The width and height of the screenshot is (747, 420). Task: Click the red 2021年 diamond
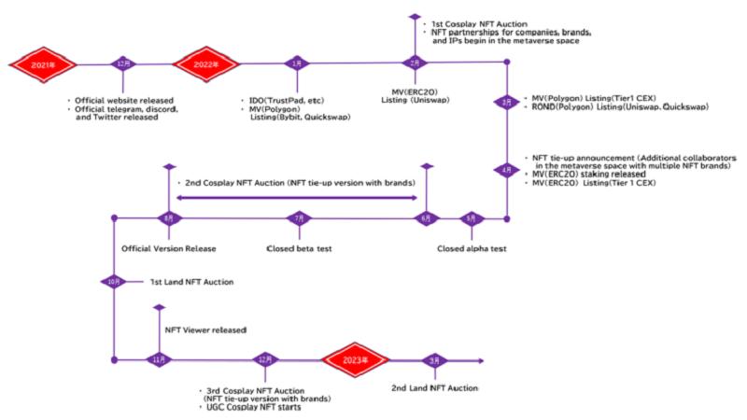tap(42, 63)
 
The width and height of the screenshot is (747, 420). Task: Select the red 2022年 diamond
tap(203, 63)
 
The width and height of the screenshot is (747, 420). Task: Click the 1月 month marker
tap(297, 63)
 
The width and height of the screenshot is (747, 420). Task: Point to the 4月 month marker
tap(506, 170)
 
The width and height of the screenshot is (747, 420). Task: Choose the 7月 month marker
tap(298, 218)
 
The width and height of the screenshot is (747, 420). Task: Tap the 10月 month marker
tap(114, 281)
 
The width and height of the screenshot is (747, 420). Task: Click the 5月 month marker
tap(472, 218)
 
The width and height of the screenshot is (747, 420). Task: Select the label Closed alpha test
tap(472, 249)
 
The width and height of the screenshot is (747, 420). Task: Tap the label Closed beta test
tap(299, 249)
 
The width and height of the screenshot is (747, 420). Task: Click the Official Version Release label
tap(168, 249)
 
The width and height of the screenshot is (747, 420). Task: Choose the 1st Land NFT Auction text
tap(192, 281)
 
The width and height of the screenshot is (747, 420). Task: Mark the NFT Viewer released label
tap(205, 330)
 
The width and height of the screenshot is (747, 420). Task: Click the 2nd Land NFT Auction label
tap(434, 386)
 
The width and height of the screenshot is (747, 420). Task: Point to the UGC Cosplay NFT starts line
tap(252, 408)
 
